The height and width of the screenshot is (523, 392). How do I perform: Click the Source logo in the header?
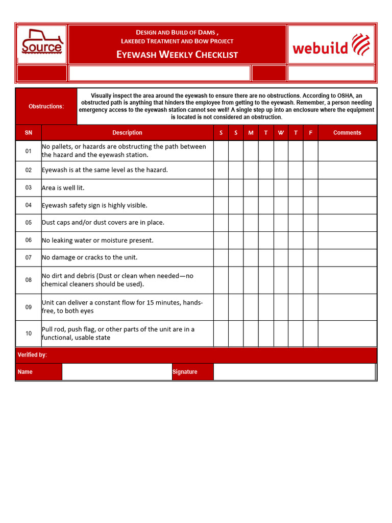coord(42,44)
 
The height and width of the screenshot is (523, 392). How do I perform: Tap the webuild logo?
coord(331,44)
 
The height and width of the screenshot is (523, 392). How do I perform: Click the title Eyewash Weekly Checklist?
coord(177,55)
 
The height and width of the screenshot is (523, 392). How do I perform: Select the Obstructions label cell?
coord(46,106)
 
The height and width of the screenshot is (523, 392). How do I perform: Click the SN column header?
coord(29,133)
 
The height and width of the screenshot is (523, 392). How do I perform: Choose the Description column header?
coord(127,133)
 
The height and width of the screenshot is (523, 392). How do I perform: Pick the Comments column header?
coord(347,133)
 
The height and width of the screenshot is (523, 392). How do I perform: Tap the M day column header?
coord(251,133)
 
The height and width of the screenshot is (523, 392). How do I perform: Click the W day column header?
coord(281,133)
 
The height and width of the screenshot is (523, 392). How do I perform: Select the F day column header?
coord(310,133)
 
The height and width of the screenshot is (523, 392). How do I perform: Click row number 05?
coord(29,223)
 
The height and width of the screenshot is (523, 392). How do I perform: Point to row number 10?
coord(29,334)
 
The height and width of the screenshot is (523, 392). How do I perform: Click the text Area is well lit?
coord(63,188)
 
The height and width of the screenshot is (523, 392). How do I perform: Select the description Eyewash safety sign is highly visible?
coord(94,205)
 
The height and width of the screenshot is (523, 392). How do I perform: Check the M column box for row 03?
coord(251,188)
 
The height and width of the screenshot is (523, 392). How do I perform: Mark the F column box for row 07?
coord(310,258)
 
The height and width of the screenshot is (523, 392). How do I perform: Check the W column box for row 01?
coord(281,151)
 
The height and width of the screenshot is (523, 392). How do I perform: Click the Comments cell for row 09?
coord(347,307)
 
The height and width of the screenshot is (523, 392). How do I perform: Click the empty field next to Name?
coord(116,372)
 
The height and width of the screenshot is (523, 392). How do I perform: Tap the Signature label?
coord(185,372)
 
